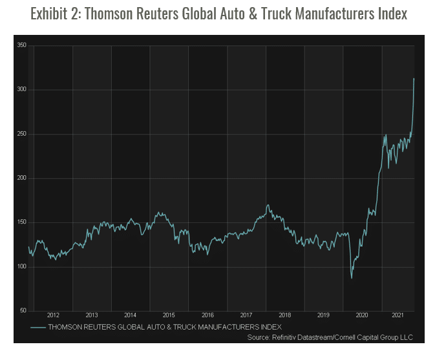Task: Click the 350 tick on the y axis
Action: tap(21, 45)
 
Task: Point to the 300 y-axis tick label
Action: tap(21, 90)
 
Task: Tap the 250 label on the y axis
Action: tap(21, 134)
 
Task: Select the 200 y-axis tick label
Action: tap(21, 178)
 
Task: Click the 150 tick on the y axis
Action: tap(21, 222)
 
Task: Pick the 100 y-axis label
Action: tap(21, 267)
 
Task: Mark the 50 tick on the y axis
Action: tap(23, 311)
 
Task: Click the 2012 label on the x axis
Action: tap(53, 315)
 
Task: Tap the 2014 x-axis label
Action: tap(130, 315)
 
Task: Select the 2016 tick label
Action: tap(207, 315)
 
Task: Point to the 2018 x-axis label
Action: tap(285, 315)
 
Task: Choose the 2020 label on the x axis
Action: tap(362, 315)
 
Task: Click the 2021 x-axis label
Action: tap(398, 315)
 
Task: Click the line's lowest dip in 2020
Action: tap(352, 278)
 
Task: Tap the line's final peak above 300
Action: tap(414, 79)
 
